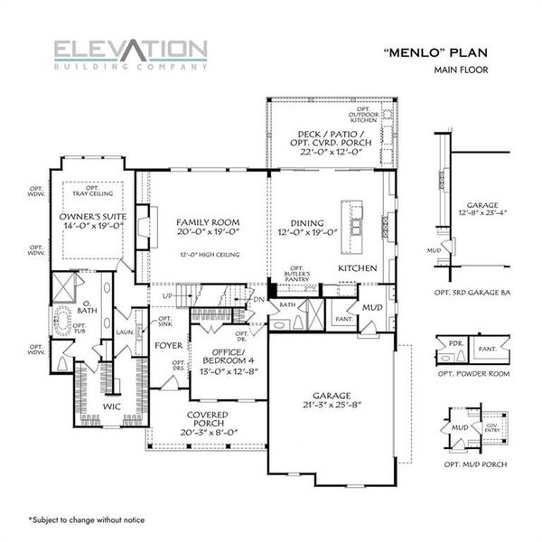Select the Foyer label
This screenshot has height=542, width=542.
tap(167, 343)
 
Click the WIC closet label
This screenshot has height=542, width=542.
tap(111, 407)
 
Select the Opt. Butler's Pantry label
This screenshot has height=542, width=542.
tap(297, 276)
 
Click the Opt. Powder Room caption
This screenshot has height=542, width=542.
tap(472, 373)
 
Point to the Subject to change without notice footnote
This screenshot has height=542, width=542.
tap(86, 519)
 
